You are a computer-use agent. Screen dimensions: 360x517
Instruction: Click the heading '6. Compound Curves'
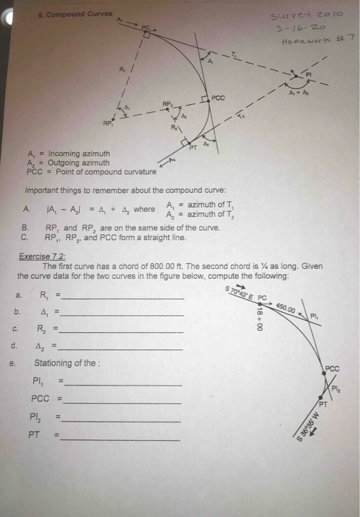[75, 14]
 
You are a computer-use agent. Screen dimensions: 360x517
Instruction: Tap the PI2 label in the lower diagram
[335, 388]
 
